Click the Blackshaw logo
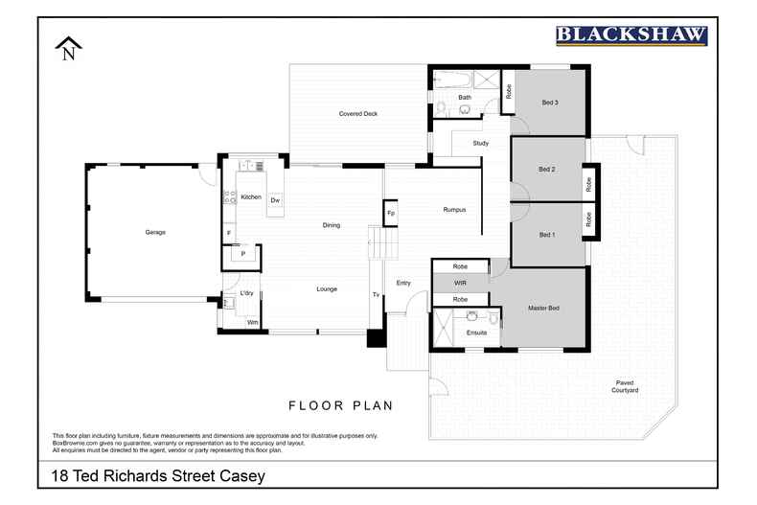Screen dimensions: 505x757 click(631, 35)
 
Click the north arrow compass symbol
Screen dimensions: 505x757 click(68, 49)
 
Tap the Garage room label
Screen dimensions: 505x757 click(155, 233)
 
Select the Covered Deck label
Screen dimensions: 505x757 click(358, 114)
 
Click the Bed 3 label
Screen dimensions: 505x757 click(549, 103)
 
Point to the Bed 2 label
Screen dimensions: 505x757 click(547, 170)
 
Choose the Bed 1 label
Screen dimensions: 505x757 click(547, 235)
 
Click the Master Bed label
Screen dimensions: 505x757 click(543, 308)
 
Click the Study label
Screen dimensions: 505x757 click(481, 144)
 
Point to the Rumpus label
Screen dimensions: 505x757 click(454, 210)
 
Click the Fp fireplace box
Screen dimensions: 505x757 click(391, 213)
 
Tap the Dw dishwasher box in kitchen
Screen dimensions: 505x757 click(275, 200)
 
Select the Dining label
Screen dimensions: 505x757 click(331, 226)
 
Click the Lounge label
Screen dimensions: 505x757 click(327, 288)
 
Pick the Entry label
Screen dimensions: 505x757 click(403, 283)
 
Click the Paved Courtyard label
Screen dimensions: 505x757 click(627, 387)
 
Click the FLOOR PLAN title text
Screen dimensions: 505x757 click(341, 405)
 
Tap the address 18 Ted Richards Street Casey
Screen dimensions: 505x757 click(158, 475)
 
